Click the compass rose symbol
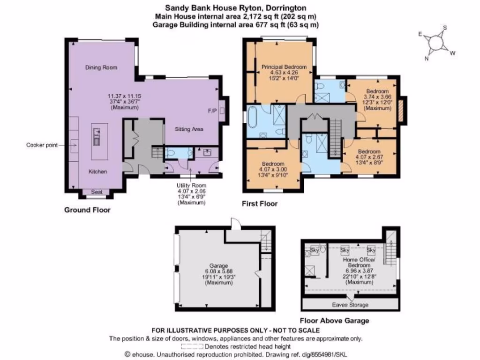(x=437, y=43)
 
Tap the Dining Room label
(x=101, y=67)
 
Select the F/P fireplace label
(x=212, y=111)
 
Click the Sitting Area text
(x=189, y=129)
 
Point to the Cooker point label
(x=41, y=145)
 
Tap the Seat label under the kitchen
(x=96, y=192)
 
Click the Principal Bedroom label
(x=284, y=67)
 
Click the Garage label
(x=218, y=265)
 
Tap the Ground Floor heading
(x=87, y=210)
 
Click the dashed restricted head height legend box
(x=192, y=347)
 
